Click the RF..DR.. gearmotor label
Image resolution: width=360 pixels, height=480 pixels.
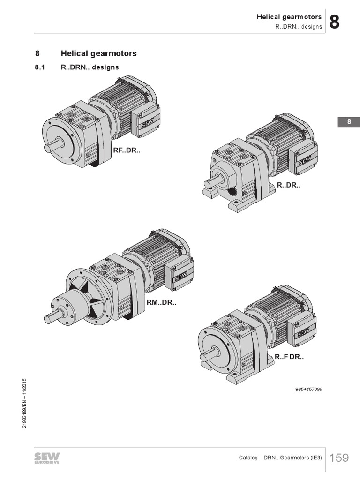(x=127, y=150)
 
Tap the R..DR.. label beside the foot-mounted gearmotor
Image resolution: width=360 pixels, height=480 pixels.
(x=289, y=185)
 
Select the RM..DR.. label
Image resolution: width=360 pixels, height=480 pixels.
(x=161, y=302)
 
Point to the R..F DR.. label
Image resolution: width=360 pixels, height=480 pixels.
(x=289, y=357)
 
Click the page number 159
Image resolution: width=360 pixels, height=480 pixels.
(x=339, y=457)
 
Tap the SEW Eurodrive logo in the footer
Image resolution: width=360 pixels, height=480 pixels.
(x=47, y=458)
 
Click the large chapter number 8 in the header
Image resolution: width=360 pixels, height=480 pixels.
(x=334, y=22)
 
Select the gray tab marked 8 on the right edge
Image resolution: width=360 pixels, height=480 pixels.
(x=349, y=122)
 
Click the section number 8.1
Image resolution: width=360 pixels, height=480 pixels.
(x=40, y=67)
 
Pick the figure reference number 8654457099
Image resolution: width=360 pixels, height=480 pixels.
(x=308, y=389)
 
